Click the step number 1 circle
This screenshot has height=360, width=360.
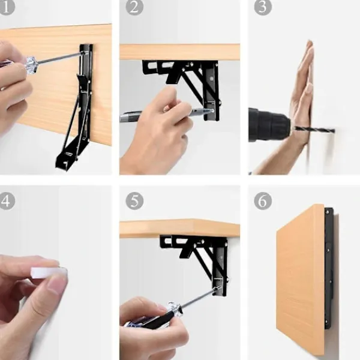click(7, 7)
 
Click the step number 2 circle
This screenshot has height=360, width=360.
click(134, 7)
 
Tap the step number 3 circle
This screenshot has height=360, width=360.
click(263, 7)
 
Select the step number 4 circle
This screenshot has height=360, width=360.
click(7, 201)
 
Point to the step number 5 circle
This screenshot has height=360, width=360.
click(134, 201)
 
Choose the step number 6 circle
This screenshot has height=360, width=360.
click(263, 201)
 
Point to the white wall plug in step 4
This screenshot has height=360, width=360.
click(49, 273)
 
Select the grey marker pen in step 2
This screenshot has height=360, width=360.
click(166, 114)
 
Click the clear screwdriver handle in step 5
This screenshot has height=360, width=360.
click(175, 308)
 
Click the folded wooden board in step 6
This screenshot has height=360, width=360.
click(300, 279)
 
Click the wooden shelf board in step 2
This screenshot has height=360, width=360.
click(180, 52)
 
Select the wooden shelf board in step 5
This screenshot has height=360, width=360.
click(180, 228)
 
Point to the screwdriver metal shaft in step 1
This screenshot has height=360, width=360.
click(60, 58)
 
